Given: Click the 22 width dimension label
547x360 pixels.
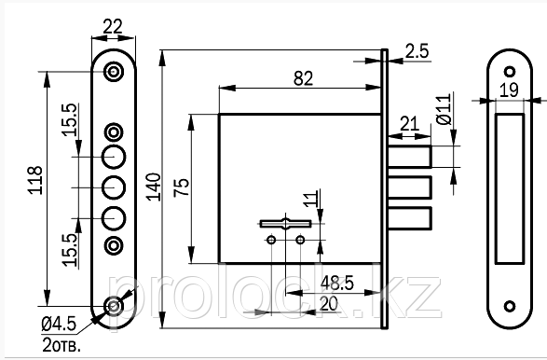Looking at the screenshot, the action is click(113, 26).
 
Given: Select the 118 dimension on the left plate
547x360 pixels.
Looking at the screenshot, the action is click(35, 180).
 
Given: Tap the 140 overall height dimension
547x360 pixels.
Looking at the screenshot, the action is click(154, 187).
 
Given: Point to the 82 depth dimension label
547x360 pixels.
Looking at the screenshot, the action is click(303, 78).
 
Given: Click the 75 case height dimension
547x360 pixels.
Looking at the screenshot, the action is click(182, 187).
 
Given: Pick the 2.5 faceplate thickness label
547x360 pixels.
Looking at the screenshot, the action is click(417, 51).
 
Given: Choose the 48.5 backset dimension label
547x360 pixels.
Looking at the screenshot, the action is click(337, 283).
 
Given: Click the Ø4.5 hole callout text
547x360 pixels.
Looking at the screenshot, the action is click(59, 324).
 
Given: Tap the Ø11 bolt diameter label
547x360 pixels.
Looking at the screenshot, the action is click(444, 109).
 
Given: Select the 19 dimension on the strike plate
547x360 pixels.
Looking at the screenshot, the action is click(509, 90).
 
